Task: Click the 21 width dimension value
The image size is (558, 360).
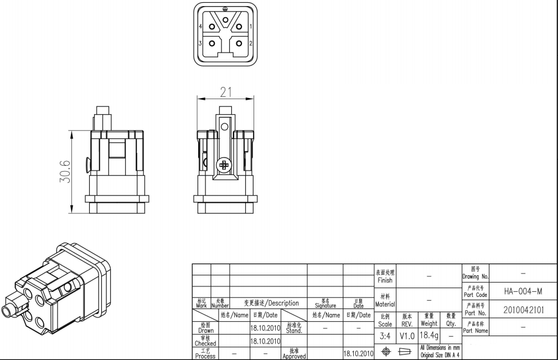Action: (x=226, y=92)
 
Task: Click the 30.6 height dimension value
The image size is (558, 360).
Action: (x=65, y=172)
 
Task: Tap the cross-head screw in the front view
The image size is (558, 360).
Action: (x=224, y=165)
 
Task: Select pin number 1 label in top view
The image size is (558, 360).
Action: (x=251, y=27)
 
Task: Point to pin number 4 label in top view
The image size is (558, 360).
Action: (x=201, y=27)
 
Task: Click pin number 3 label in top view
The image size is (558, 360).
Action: (x=200, y=43)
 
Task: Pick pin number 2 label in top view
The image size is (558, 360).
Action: (x=251, y=43)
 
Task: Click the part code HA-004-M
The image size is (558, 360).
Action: (x=523, y=292)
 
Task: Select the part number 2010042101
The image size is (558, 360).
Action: (x=524, y=310)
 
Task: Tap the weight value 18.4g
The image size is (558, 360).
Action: (x=429, y=335)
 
